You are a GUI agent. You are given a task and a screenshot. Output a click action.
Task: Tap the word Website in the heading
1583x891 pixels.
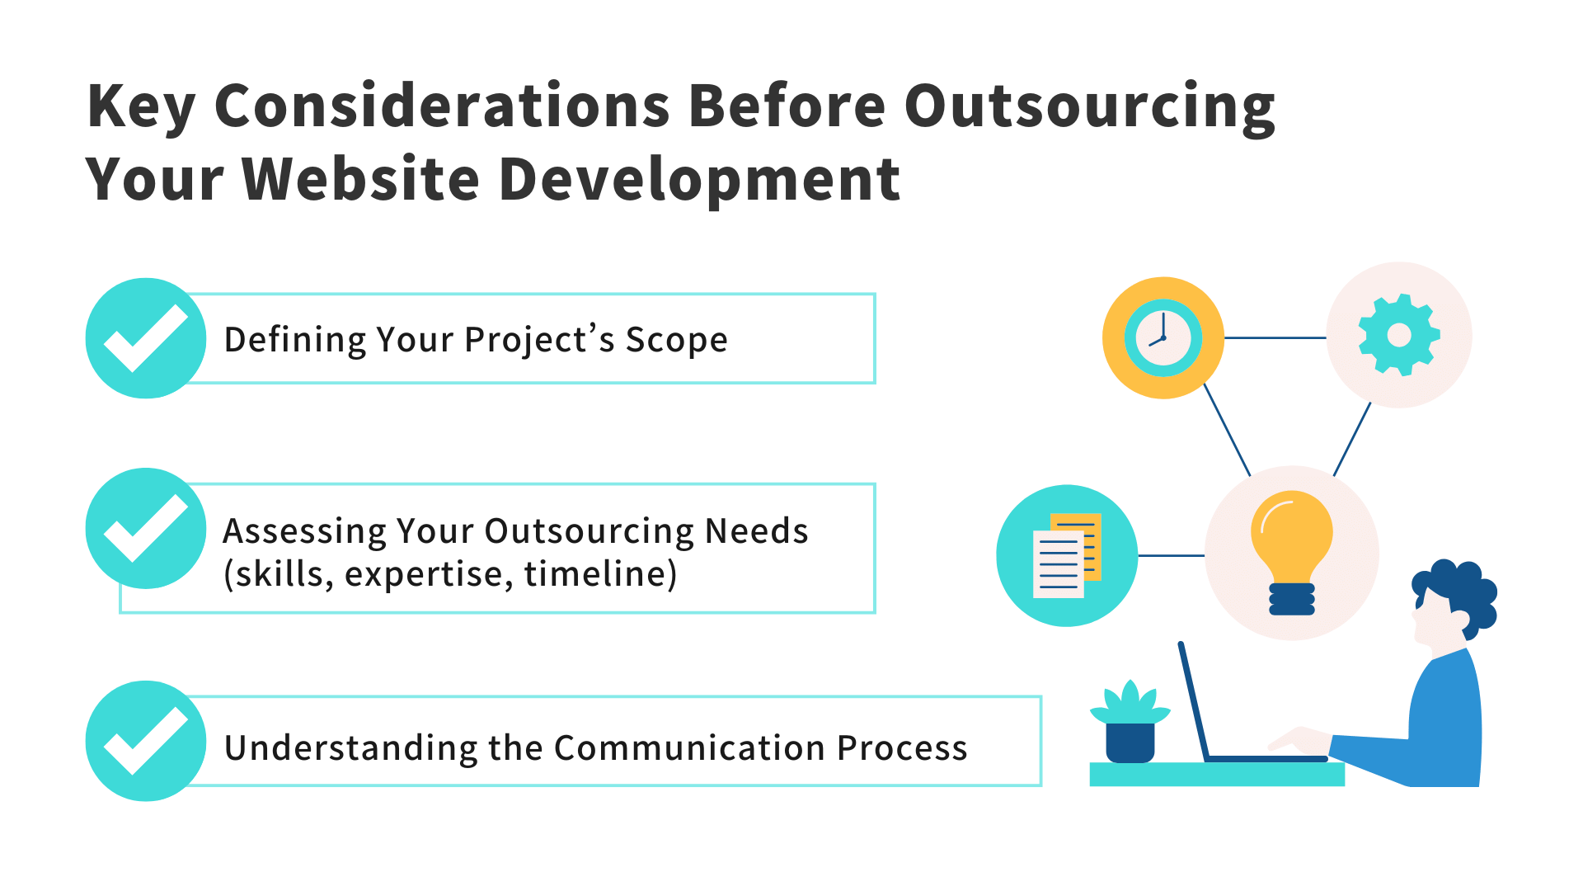361,179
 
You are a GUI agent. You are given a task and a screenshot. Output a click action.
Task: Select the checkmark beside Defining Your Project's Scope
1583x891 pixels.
146,338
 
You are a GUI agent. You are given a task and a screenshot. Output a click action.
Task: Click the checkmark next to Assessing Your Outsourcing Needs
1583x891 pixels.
146,528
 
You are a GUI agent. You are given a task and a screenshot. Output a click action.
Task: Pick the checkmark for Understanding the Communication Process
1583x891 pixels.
146,741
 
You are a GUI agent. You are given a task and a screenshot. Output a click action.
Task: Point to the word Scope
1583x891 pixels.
676,340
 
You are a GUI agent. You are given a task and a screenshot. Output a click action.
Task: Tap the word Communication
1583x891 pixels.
689,747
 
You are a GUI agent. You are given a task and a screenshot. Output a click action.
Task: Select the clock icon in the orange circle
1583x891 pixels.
1163,338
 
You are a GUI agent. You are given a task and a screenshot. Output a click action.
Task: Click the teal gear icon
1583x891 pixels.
1398,335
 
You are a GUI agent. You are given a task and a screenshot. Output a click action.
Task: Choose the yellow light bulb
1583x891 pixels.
1291,549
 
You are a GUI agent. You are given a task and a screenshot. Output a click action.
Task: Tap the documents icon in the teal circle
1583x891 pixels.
1067,555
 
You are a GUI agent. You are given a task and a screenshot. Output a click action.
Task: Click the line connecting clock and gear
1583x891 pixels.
1275,337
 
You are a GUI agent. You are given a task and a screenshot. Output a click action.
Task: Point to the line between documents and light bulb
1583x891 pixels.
1171,555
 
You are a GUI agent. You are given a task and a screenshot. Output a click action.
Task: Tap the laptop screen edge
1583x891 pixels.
1193,701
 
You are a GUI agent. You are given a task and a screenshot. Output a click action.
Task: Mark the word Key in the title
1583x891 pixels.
140,107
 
